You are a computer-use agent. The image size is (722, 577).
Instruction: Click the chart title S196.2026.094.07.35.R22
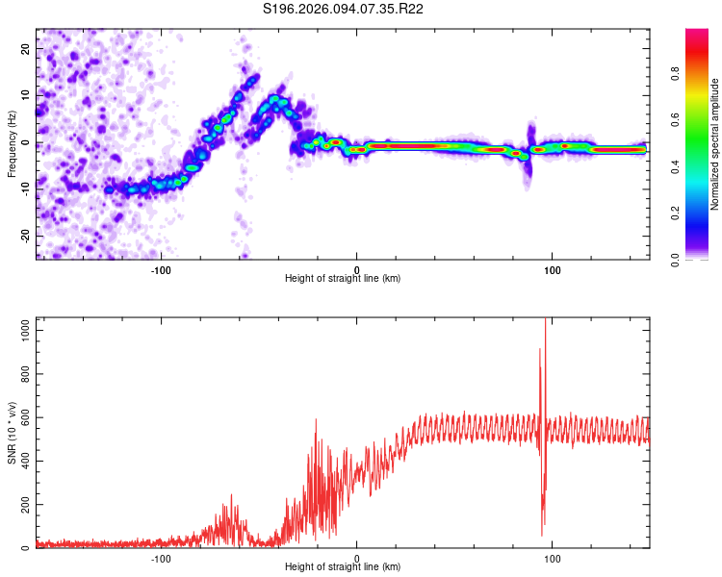point(344,9)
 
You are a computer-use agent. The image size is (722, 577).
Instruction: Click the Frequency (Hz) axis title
point(12,144)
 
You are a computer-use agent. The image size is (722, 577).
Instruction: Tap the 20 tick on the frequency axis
point(27,49)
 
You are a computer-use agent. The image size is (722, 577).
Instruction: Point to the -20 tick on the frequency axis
point(25,236)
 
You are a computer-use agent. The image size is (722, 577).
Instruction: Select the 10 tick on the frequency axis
point(27,96)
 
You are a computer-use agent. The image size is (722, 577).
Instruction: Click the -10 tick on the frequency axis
point(25,189)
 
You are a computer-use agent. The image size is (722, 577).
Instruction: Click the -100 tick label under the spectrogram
point(161,269)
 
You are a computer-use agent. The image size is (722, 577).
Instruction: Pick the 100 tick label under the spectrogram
point(553,269)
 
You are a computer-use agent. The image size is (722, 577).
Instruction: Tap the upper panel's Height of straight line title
point(343,279)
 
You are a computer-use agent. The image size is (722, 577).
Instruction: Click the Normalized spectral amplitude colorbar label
point(715,144)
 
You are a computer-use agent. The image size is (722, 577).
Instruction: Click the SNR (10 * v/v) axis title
point(12,433)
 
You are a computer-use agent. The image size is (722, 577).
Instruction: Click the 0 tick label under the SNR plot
point(357,558)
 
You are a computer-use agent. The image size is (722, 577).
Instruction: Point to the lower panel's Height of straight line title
point(343,567)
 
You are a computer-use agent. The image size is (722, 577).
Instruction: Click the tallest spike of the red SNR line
point(545,320)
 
